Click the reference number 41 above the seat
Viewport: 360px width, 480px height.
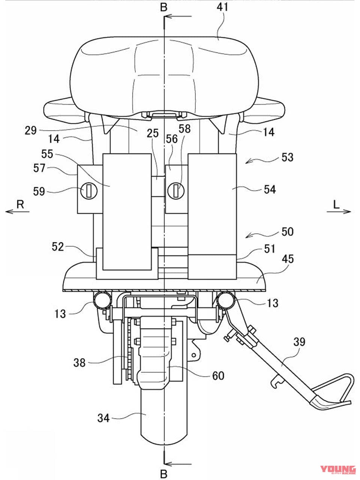pos(222,7)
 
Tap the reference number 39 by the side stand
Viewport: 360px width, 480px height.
pos(299,342)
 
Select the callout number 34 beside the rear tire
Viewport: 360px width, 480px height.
pos(103,418)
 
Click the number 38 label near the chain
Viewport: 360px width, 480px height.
pos(79,363)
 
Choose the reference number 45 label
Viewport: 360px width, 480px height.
pos(288,259)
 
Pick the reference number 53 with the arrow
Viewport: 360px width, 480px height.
pos(287,157)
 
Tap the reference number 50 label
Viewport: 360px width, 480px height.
pos(287,232)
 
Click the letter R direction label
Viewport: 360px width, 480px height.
pos(20,204)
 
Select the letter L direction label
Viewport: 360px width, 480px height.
pos(336,205)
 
